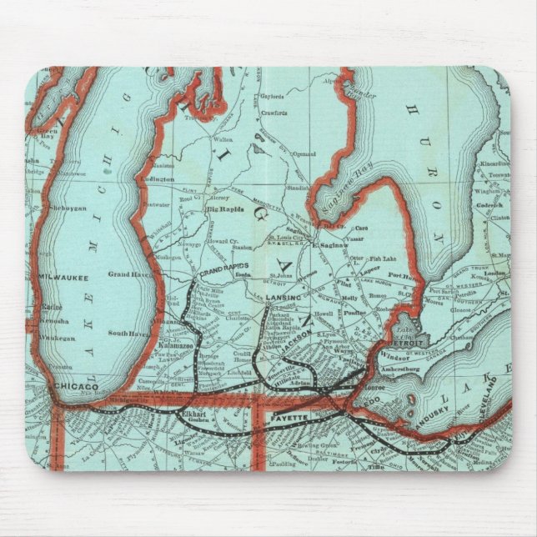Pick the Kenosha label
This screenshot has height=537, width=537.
(x=55, y=319)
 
